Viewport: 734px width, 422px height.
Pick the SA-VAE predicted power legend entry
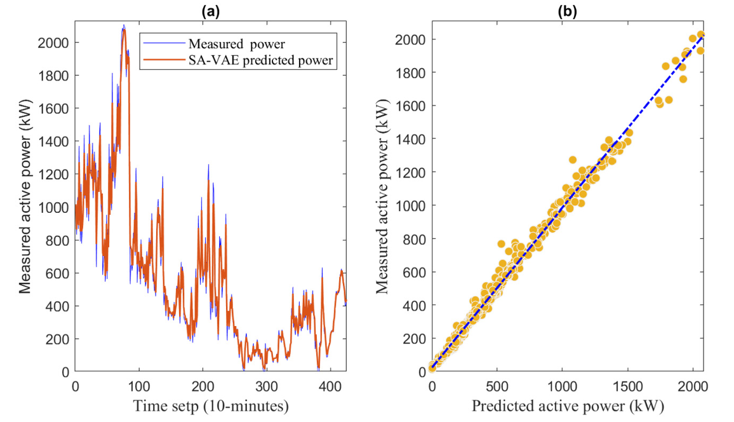(260, 60)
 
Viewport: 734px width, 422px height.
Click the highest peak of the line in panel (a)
(124, 26)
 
